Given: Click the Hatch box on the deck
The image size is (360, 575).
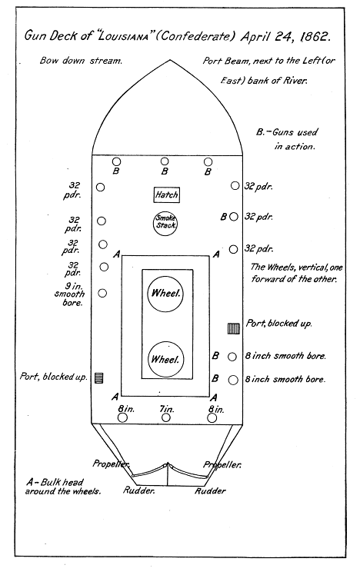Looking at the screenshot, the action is pyautogui.click(x=167, y=194).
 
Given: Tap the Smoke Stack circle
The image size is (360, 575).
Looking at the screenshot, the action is pyautogui.click(x=165, y=222).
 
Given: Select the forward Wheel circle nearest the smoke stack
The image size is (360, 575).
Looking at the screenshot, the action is pyautogui.click(x=165, y=294).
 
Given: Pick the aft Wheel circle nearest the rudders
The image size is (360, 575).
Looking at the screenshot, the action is pyautogui.click(x=165, y=360).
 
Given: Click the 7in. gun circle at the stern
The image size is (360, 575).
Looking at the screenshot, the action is pyautogui.click(x=166, y=417).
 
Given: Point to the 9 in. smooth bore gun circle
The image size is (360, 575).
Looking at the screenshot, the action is pyautogui.click(x=102, y=293).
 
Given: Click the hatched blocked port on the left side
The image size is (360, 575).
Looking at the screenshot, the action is pyautogui.click(x=98, y=377).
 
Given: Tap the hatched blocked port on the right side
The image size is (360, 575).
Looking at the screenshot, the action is pyautogui.click(x=234, y=328).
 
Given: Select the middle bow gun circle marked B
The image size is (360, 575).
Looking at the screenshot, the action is pyautogui.click(x=165, y=161).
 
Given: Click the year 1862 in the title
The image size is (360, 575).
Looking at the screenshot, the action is pyautogui.click(x=315, y=37).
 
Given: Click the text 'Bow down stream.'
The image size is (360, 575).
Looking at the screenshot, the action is pyautogui.click(x=81, y=61).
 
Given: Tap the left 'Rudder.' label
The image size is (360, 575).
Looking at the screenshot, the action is pyautogui.click(x=138, y=490).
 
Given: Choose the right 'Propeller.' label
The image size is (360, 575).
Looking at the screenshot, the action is pyautogui.click(x=222, y=464).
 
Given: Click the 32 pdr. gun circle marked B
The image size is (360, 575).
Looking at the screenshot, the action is pyautogui.click(x=233, y=217).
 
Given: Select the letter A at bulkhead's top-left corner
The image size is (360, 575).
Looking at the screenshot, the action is pyautogui.click(x=116, y=254).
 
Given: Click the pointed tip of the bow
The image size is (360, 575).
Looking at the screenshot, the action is pyautogui.click(x=168, y=60).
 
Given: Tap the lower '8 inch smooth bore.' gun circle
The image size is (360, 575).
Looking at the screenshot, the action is pyautogui.click(x=233, y=380).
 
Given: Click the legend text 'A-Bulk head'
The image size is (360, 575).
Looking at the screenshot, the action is pyautogui.click(x=55, y=482).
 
